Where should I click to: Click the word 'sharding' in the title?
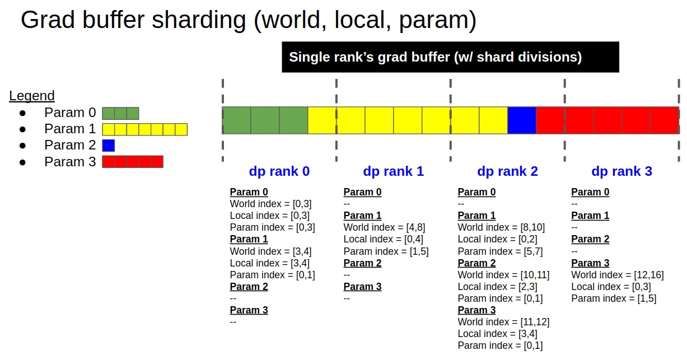[x=199, y=21]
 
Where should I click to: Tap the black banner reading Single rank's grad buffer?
[x=450, y=57]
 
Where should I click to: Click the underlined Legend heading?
[x=32, y=96]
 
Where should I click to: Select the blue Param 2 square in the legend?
[x=109, y=146]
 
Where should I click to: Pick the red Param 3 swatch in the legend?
[x=133, y=162]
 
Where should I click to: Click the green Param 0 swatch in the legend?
[x=120, y=113]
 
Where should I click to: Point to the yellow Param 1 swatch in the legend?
[x=145, y=129]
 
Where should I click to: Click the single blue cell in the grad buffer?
[x=522, y=120]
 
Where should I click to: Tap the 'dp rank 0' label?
[x=279, y=171]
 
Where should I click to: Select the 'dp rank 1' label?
[x=393, y=171]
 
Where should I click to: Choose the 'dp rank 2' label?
[x=507, y=171]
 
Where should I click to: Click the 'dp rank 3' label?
[x=621, y=171]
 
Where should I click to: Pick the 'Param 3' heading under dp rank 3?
[x=590, y=263]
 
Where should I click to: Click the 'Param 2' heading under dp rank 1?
[x=362, y=263]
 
